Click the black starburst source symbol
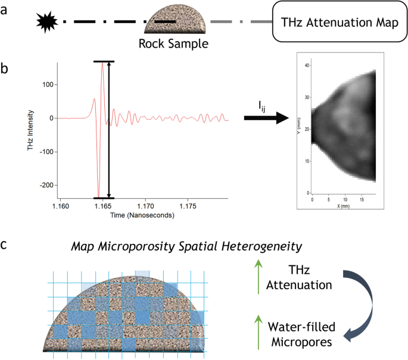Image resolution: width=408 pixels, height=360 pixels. coord(46,22)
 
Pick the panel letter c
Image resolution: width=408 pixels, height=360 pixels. coord(5,244)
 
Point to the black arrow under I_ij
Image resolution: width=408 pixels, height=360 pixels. coord(266,118)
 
